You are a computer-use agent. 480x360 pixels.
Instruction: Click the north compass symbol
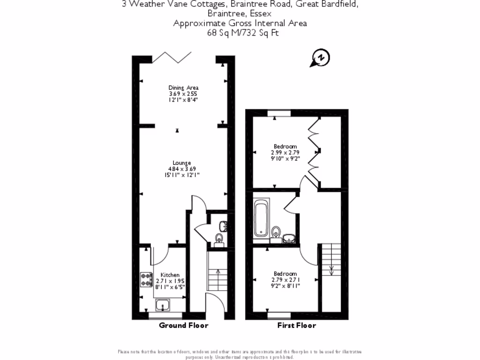[321, 58]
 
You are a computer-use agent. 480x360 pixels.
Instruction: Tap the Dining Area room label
[183, 88]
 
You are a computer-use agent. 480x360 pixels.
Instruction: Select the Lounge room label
[182, 163]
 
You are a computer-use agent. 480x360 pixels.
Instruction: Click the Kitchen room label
[170, 275]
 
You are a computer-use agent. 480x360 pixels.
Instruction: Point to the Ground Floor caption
[183, 325]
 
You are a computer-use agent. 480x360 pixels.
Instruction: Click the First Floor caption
[297, 325]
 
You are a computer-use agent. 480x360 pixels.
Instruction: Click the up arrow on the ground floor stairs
[217, 272]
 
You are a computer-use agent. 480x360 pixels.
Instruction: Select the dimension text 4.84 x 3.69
[182, 169]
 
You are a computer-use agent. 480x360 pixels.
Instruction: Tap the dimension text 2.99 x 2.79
[285, 152]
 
